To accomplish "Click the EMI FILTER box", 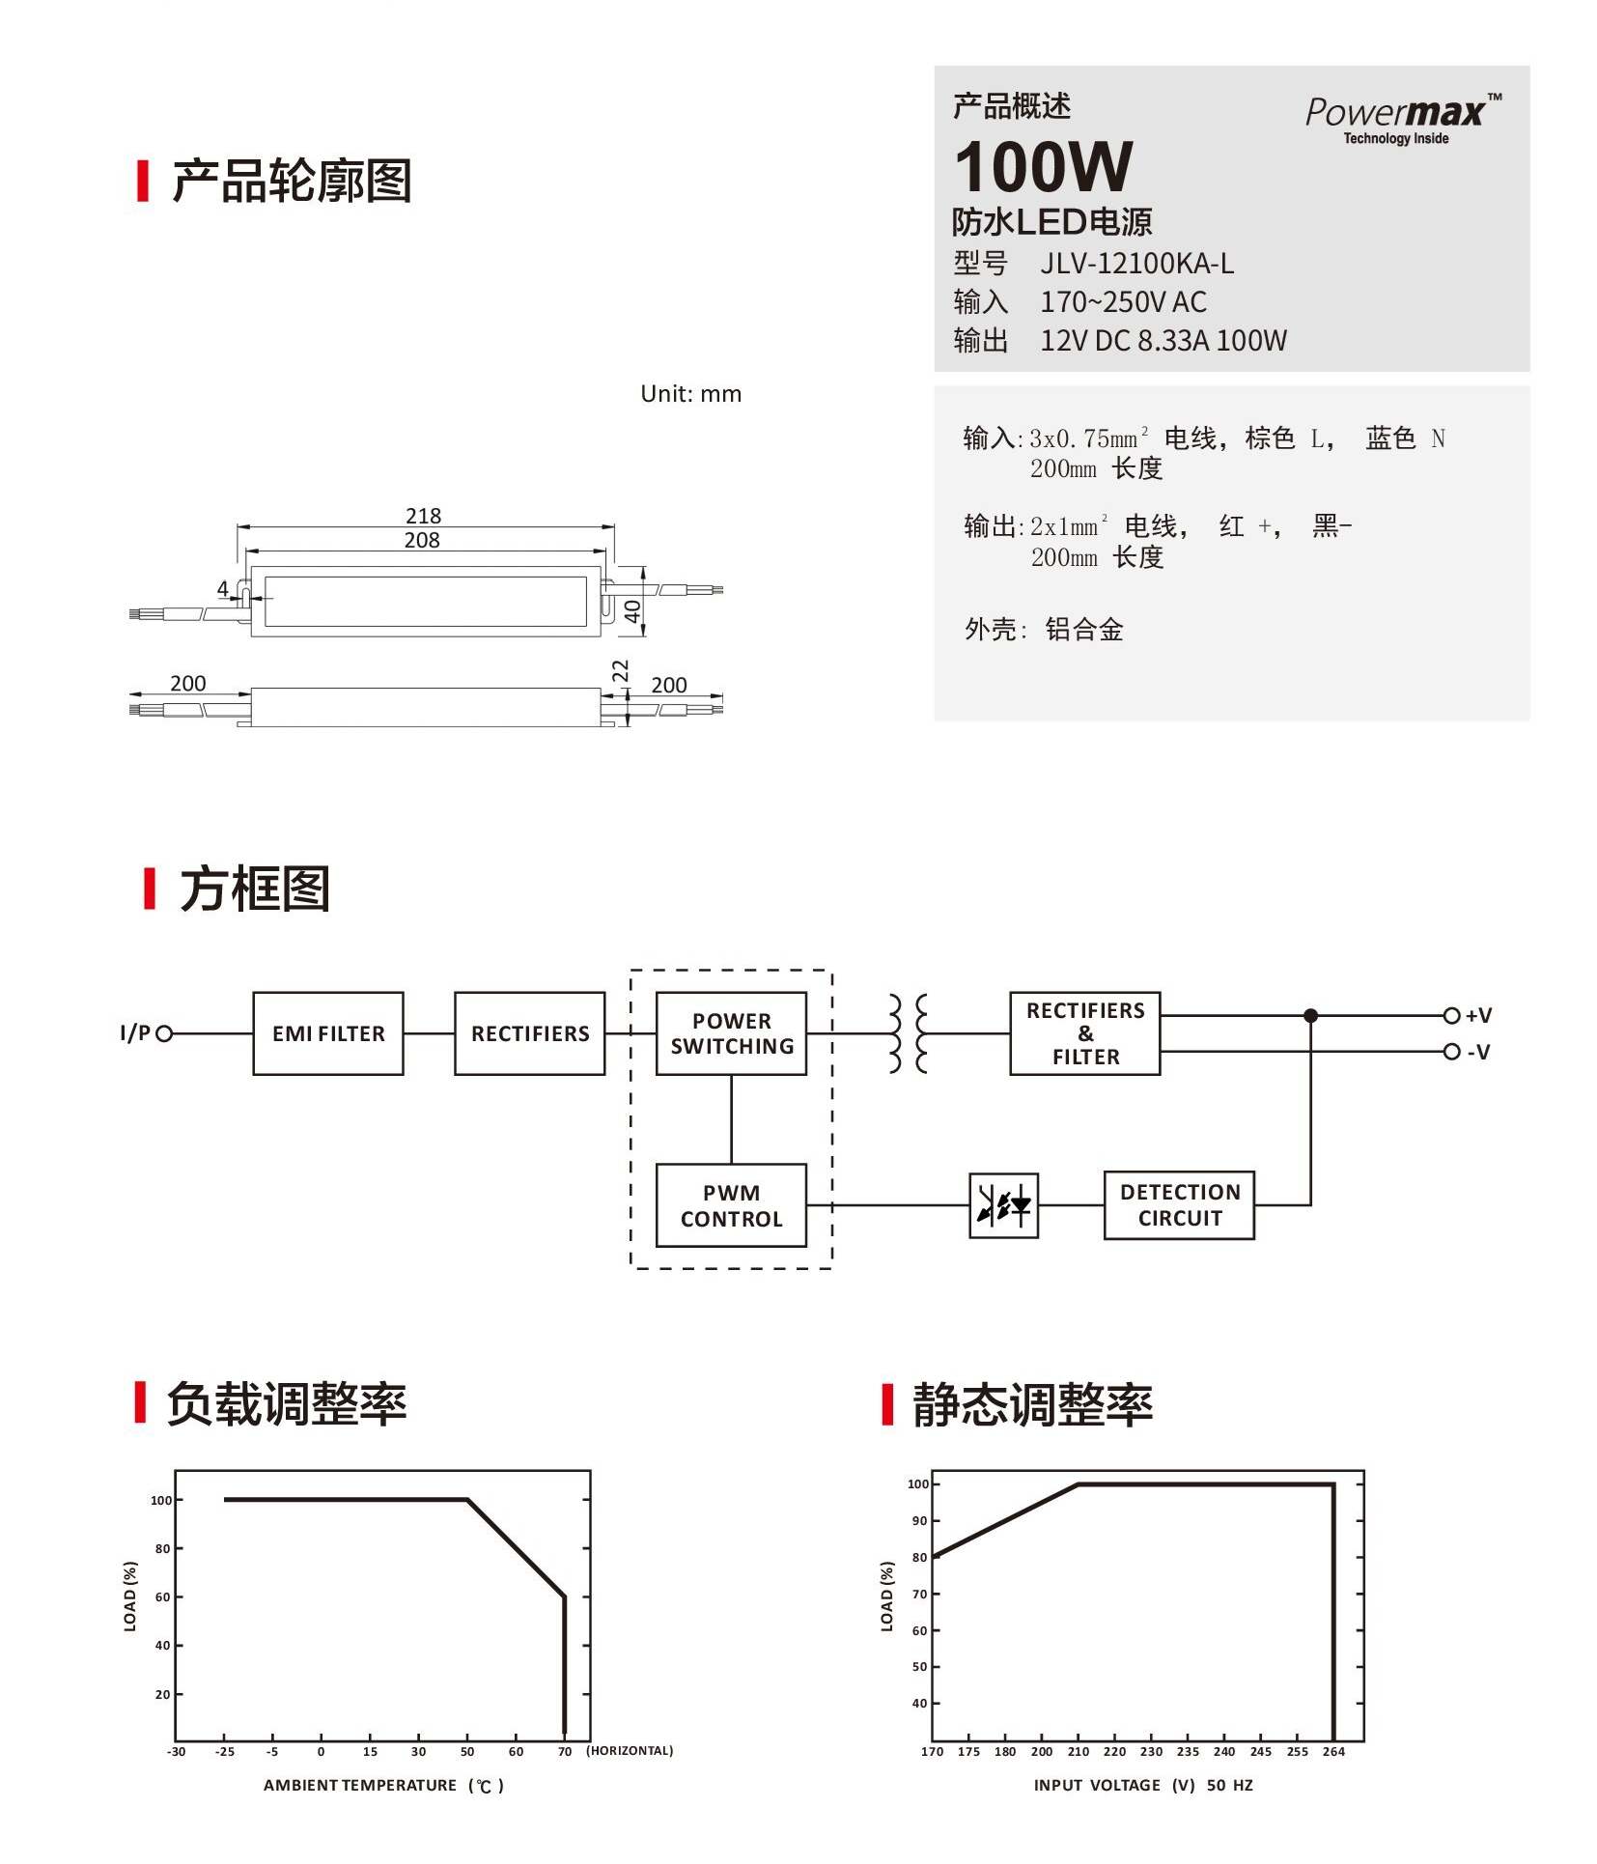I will click(328, 1033).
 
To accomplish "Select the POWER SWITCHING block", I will click(731, 1033).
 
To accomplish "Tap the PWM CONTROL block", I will click(731, 1205).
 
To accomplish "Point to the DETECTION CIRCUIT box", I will click(1179, 1205).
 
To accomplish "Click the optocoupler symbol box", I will click(1003, 1205).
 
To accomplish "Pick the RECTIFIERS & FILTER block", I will click(1084, 1033).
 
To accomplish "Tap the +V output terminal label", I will click(1477, 1016).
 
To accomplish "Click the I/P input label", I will click(135, 1033).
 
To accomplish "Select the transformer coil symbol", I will click(908, 1033).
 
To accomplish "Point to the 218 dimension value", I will click(423, 516).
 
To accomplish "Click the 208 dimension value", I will click(422, 540).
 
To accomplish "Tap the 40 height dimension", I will click(632, 611).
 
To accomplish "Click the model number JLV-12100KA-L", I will click(1136, 264).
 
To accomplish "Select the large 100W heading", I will click(1043, 167).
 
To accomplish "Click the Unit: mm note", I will click(690, 394).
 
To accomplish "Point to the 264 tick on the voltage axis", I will click(1333, 1751).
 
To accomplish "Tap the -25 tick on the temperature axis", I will click(224, 1751).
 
